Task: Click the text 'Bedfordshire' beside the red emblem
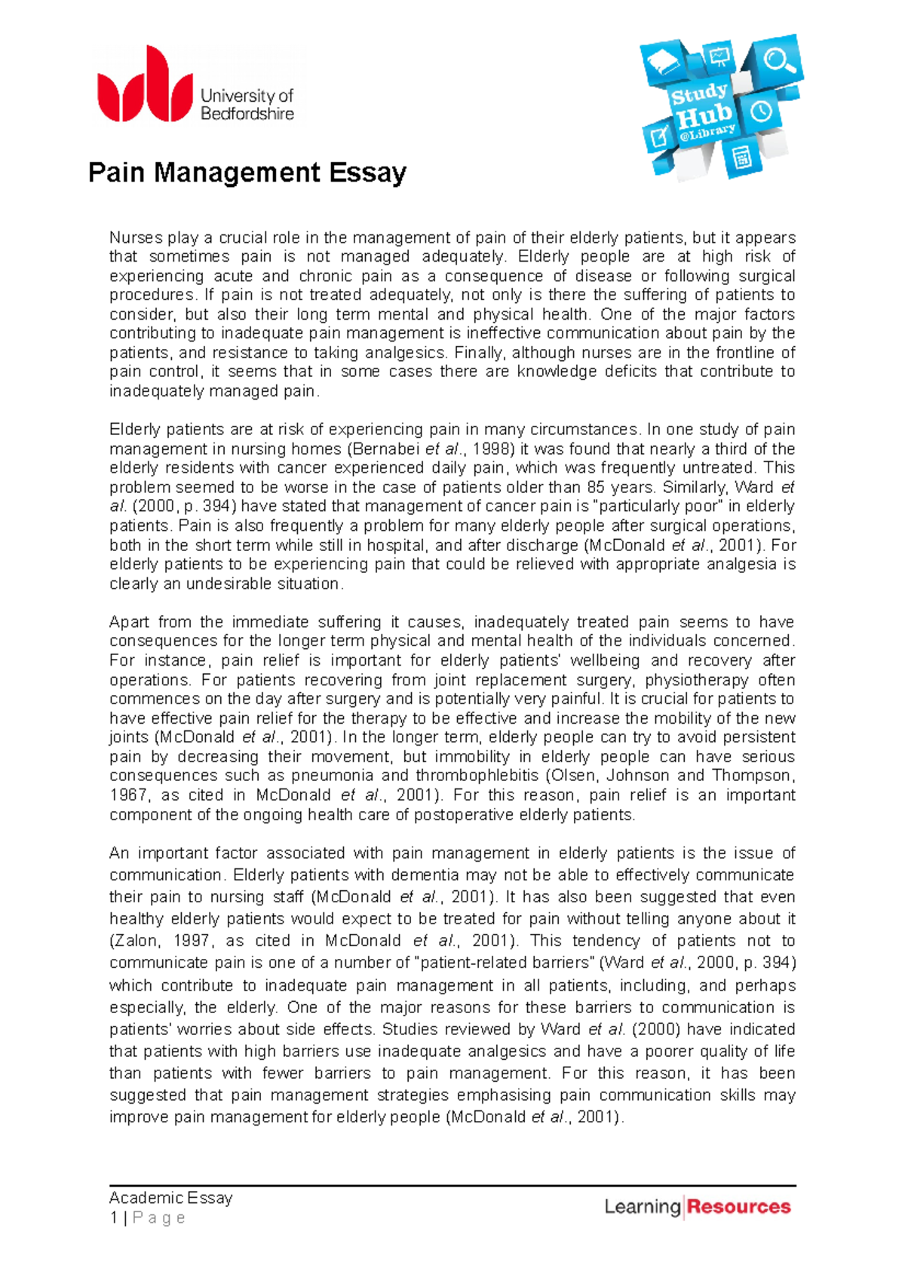247,115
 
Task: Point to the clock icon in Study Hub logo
761,112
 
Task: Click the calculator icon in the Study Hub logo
741,159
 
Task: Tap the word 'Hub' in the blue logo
704,116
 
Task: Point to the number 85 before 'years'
597,488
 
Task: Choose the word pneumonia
333,776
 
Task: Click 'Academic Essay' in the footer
171,1198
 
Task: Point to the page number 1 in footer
114,1218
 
